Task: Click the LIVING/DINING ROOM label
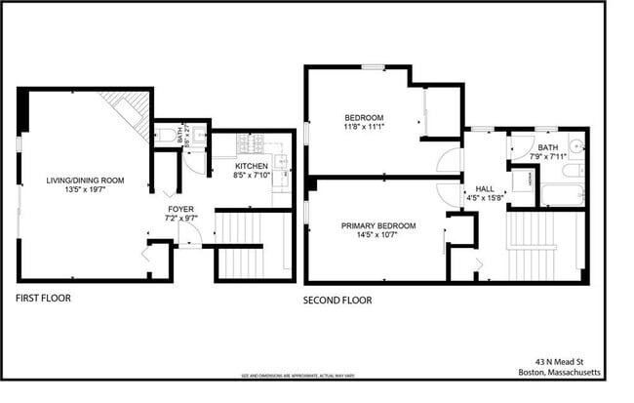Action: (86, 181)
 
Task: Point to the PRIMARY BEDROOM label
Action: (378, 226)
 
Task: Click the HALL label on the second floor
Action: (485, 188)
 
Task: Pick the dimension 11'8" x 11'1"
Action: (365, 127)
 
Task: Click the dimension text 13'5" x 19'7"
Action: (86, 190)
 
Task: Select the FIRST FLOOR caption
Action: (44, 298)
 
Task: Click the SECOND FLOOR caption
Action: (338, 301)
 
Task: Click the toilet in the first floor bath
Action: (166, 134)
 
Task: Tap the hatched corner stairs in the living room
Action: (131, 110)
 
